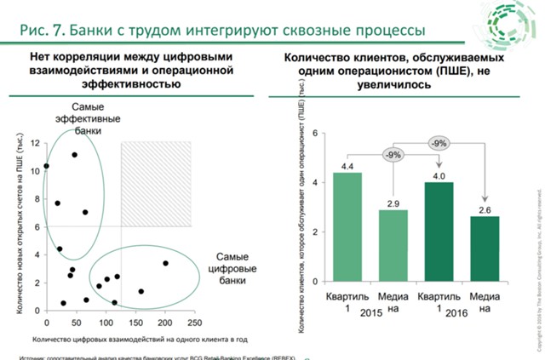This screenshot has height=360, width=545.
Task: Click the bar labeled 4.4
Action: point(347,227)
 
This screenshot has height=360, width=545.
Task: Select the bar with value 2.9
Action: point(393,246)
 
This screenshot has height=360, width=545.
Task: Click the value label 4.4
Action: point(347,165)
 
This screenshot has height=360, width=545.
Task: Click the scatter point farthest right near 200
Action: point(165,264)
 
